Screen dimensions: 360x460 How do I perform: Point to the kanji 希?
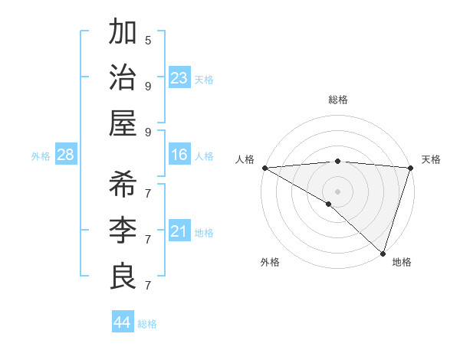click(x=123, y=185)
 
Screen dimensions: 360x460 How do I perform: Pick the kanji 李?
click(x=123, y=231)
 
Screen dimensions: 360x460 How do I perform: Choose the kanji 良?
click(x=123, y=277)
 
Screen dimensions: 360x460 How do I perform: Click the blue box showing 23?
click(x=179, y=78)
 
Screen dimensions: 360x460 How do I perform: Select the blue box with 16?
click(x=179, y=155)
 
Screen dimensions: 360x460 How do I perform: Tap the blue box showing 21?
click(x=179, y=231)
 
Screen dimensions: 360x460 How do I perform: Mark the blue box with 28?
click(x=66, y=155)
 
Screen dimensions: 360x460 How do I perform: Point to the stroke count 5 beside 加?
click(x=148, y=40)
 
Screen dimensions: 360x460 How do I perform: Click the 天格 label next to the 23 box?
click(x=204, y=79)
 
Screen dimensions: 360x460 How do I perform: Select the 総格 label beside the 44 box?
click(x=147, y=324)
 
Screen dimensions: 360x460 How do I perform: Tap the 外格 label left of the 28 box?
click(x=41, y=156)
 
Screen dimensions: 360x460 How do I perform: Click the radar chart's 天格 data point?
click(x=411, y=168)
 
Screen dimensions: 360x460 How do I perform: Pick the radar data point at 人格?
click(x=264, y=168)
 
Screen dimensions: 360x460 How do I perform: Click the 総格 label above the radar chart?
click(x=337, y=100)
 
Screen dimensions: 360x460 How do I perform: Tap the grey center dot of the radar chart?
click(x=337, y=191)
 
